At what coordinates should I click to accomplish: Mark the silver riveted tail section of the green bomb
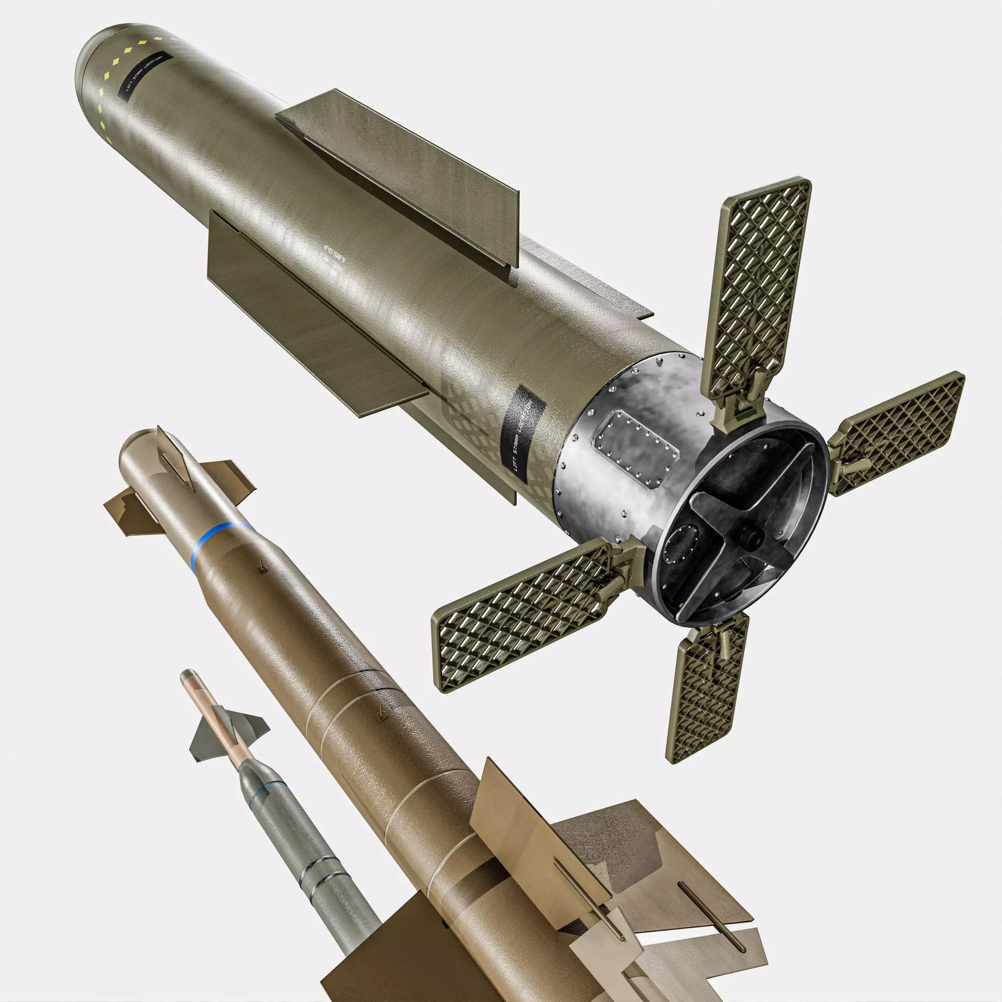[612, 467]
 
